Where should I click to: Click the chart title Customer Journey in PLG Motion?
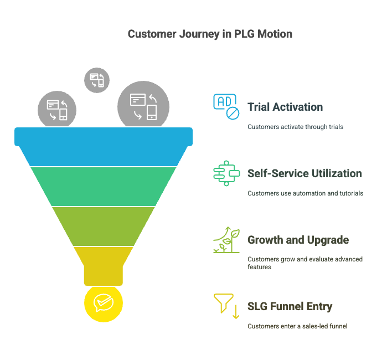pyautogui.click(x=210, y=34)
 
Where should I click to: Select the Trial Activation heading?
pyautogui.click(x=285, y=107)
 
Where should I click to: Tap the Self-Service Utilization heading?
pyautogui.click(x=305, y=173)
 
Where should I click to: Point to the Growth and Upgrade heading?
pyautogui.click(x=298, y=240)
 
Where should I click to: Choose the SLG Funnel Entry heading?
pyautogui.click(x=290, y=306)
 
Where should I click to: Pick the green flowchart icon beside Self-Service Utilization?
pyautogui.click(x=226, y=173)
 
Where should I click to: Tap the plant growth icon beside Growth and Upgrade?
pyautogui.click(x=226, y=239)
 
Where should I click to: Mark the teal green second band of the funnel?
pyautogui.click(x=104, y=186)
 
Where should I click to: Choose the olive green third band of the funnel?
pyautogui.click(x=104, y=226)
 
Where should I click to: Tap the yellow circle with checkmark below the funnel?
pyautogui.click(x=104, y=303)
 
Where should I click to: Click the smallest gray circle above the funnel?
pyautogui.click(x=97, y=80)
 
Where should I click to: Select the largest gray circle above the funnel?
pyautogui.click(x=143, y=106)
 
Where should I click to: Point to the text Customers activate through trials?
pyautogui.click(x=295, y=127)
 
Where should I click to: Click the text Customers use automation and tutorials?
pyautogui.click(x=305, y=193)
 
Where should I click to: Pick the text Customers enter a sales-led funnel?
pyautogui.click(x=297, y=326)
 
